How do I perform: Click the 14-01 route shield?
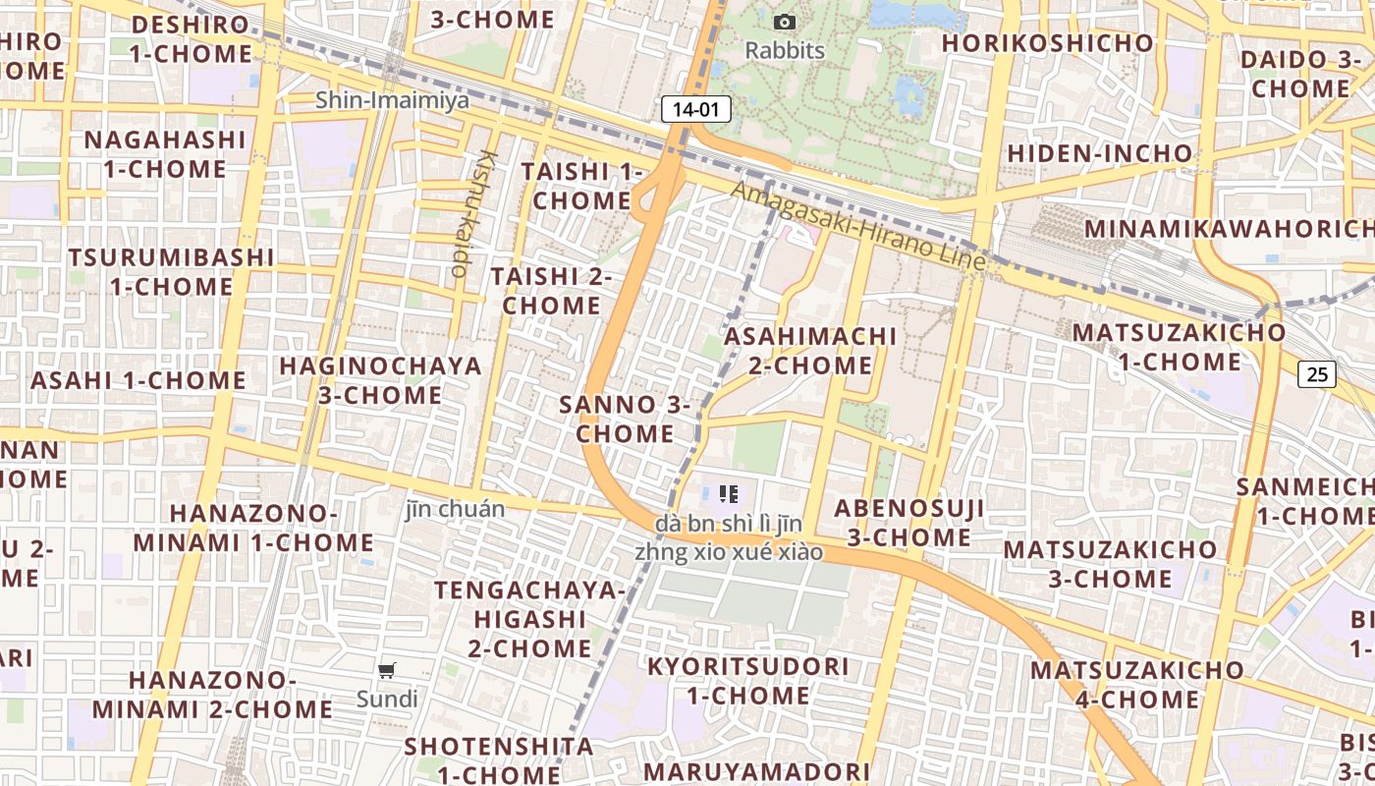pos(696,109)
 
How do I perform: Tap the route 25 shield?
pos(1317,373)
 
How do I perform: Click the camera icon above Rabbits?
pos(785,22)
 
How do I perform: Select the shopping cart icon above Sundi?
pos(387,671)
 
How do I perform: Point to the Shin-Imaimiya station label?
pos(392,100)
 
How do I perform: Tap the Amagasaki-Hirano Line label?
pos(858,228)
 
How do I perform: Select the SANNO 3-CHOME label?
pos(625,419)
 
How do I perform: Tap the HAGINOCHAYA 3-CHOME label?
pos(381,380)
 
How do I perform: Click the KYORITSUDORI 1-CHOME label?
pos(747,681)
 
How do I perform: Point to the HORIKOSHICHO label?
pos(1047,43)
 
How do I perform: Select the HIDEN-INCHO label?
pos(1099,154)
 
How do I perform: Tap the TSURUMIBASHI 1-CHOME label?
pos(171,272)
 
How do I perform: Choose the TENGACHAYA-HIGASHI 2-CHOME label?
pos(529,619)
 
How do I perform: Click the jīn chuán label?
pos(455,509)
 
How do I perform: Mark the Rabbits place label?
pos(785,50)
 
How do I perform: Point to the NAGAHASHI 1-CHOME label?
pos(165,154)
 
